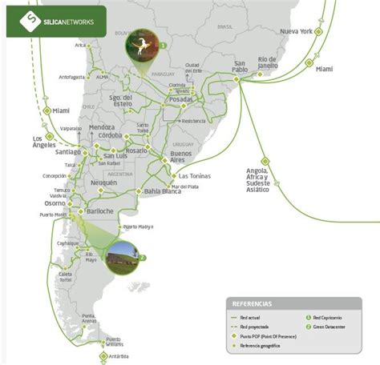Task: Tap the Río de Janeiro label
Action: tap(273, 63)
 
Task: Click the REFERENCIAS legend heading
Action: tap(252, 304)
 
